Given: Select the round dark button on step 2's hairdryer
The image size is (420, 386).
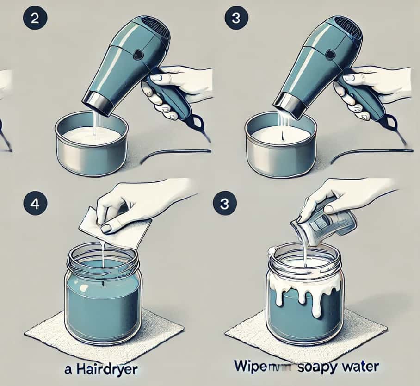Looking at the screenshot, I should click(x=137, y=55).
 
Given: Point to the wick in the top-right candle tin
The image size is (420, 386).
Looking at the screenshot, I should click(x=282, y=138).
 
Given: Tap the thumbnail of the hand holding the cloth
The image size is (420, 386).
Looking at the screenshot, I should click(x=106, y=228).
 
